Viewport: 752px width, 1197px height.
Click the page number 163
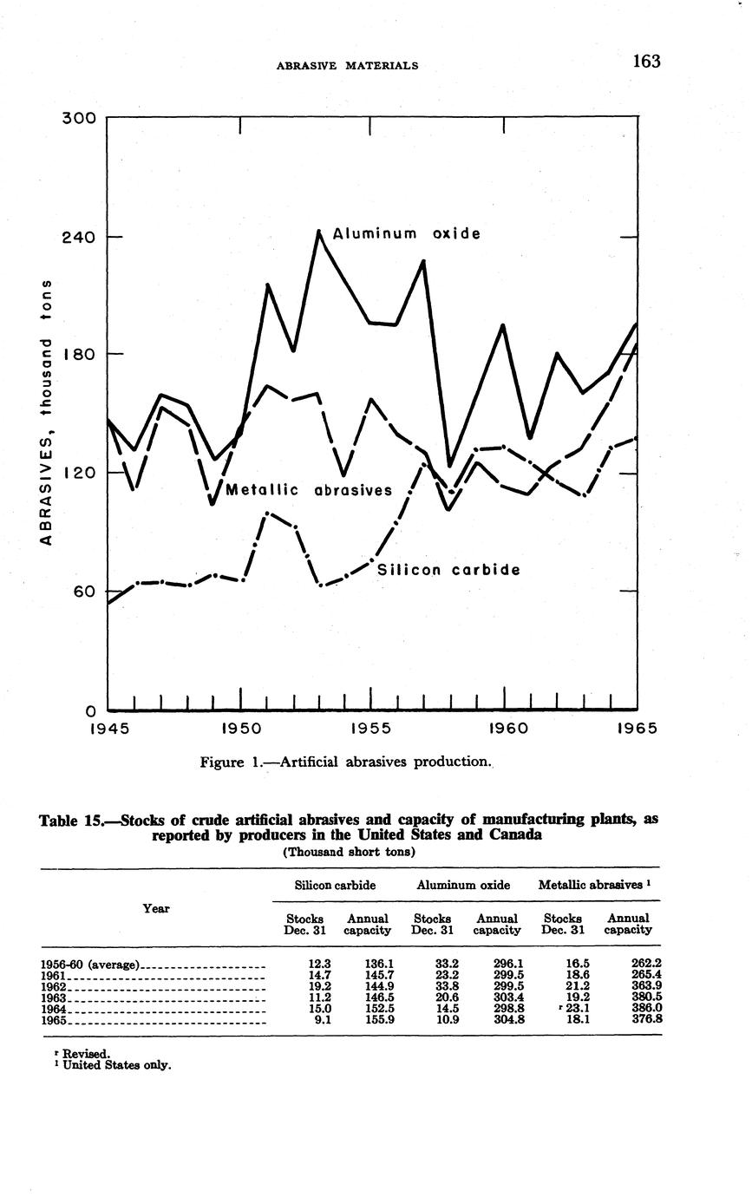coord(646,61)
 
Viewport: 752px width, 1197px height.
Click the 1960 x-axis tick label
coord(504,729)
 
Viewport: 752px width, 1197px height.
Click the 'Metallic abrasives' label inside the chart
coord(309,490)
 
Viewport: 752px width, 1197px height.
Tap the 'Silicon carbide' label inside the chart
coord(448,570)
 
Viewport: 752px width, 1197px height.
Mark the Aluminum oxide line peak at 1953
coord(318,232)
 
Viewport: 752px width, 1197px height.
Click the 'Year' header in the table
coord(155,908)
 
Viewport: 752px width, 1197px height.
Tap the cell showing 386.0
coord(647,1009)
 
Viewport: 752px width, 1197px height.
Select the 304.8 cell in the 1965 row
coord(498,1020)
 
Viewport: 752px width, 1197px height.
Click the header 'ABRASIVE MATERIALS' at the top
coord(347,65)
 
